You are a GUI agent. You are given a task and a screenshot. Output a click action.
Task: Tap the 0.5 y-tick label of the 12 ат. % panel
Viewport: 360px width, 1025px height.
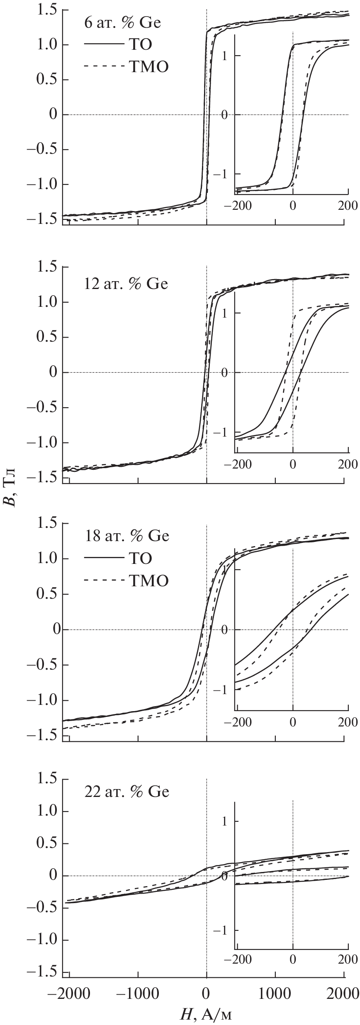tap(46, 337)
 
